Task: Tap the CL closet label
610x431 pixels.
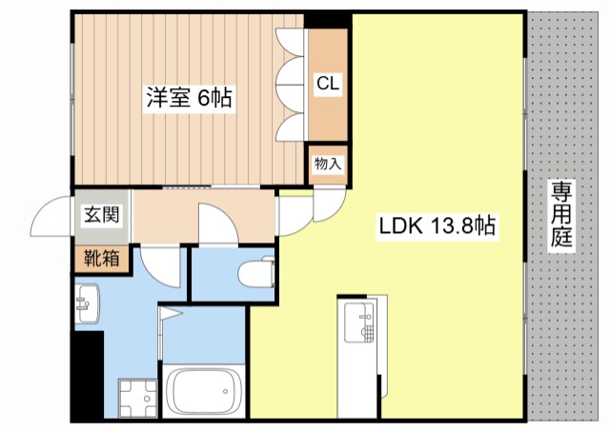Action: click(x=328, y=83)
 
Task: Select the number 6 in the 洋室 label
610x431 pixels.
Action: click(x=204, y=97)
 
